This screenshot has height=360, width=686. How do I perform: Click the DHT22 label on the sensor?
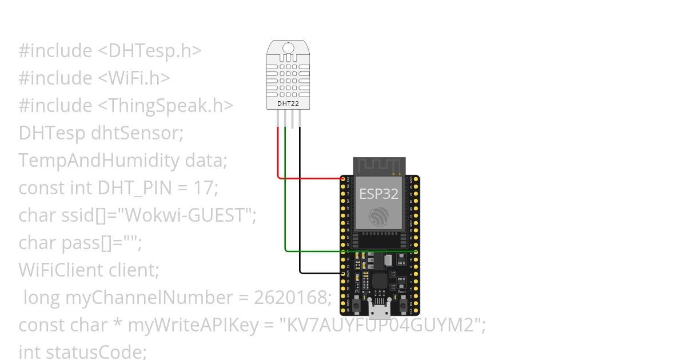tap(288, 103)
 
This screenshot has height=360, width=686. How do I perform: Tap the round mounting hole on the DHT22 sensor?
tap(289, 48)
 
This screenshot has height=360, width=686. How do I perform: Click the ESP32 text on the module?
tap(378, 194)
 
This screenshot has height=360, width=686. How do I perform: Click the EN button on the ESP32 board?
tap(357, 306)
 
